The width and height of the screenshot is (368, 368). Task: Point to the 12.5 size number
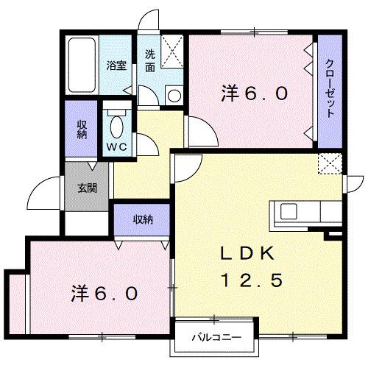tap(250, 280)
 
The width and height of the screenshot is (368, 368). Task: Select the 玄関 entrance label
tap(88, 188)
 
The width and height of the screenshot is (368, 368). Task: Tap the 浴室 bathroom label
tap(116, 66)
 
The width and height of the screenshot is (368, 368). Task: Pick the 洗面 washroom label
tap(149, 60)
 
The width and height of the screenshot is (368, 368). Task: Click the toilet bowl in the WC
tap(116, 125)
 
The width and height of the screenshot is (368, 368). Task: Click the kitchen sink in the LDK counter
tap(288, 211)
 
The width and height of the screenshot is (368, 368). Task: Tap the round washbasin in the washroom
tap(173, 93)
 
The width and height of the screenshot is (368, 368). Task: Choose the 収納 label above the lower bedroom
tap(143, 219)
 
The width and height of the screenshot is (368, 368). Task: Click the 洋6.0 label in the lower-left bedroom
tap(105, 293)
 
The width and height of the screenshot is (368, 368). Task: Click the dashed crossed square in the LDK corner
tap(328, 163)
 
